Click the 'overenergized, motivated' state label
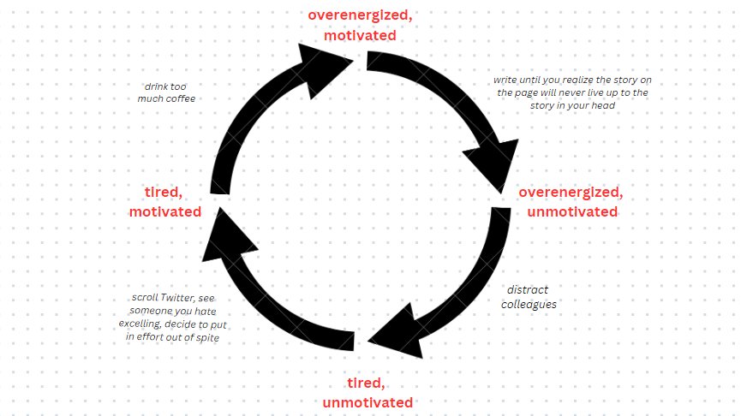(x=358, y=26)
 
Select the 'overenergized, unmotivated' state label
(x=569, y=201)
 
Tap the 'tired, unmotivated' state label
(x=368, y=392)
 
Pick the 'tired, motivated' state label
(x=165, y=201)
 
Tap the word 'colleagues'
(x=529, y=304)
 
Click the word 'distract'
(x=528, y=290)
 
